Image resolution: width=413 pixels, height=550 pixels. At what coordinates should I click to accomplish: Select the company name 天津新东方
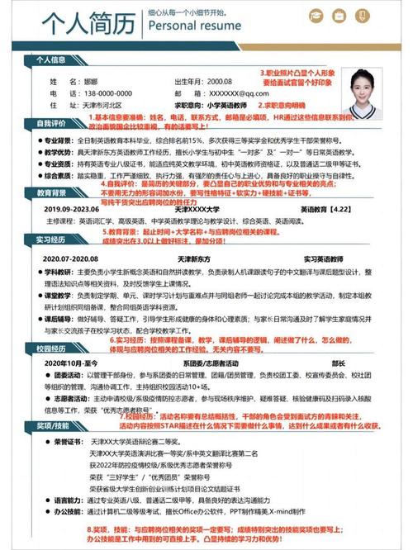[x=198, y=258]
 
